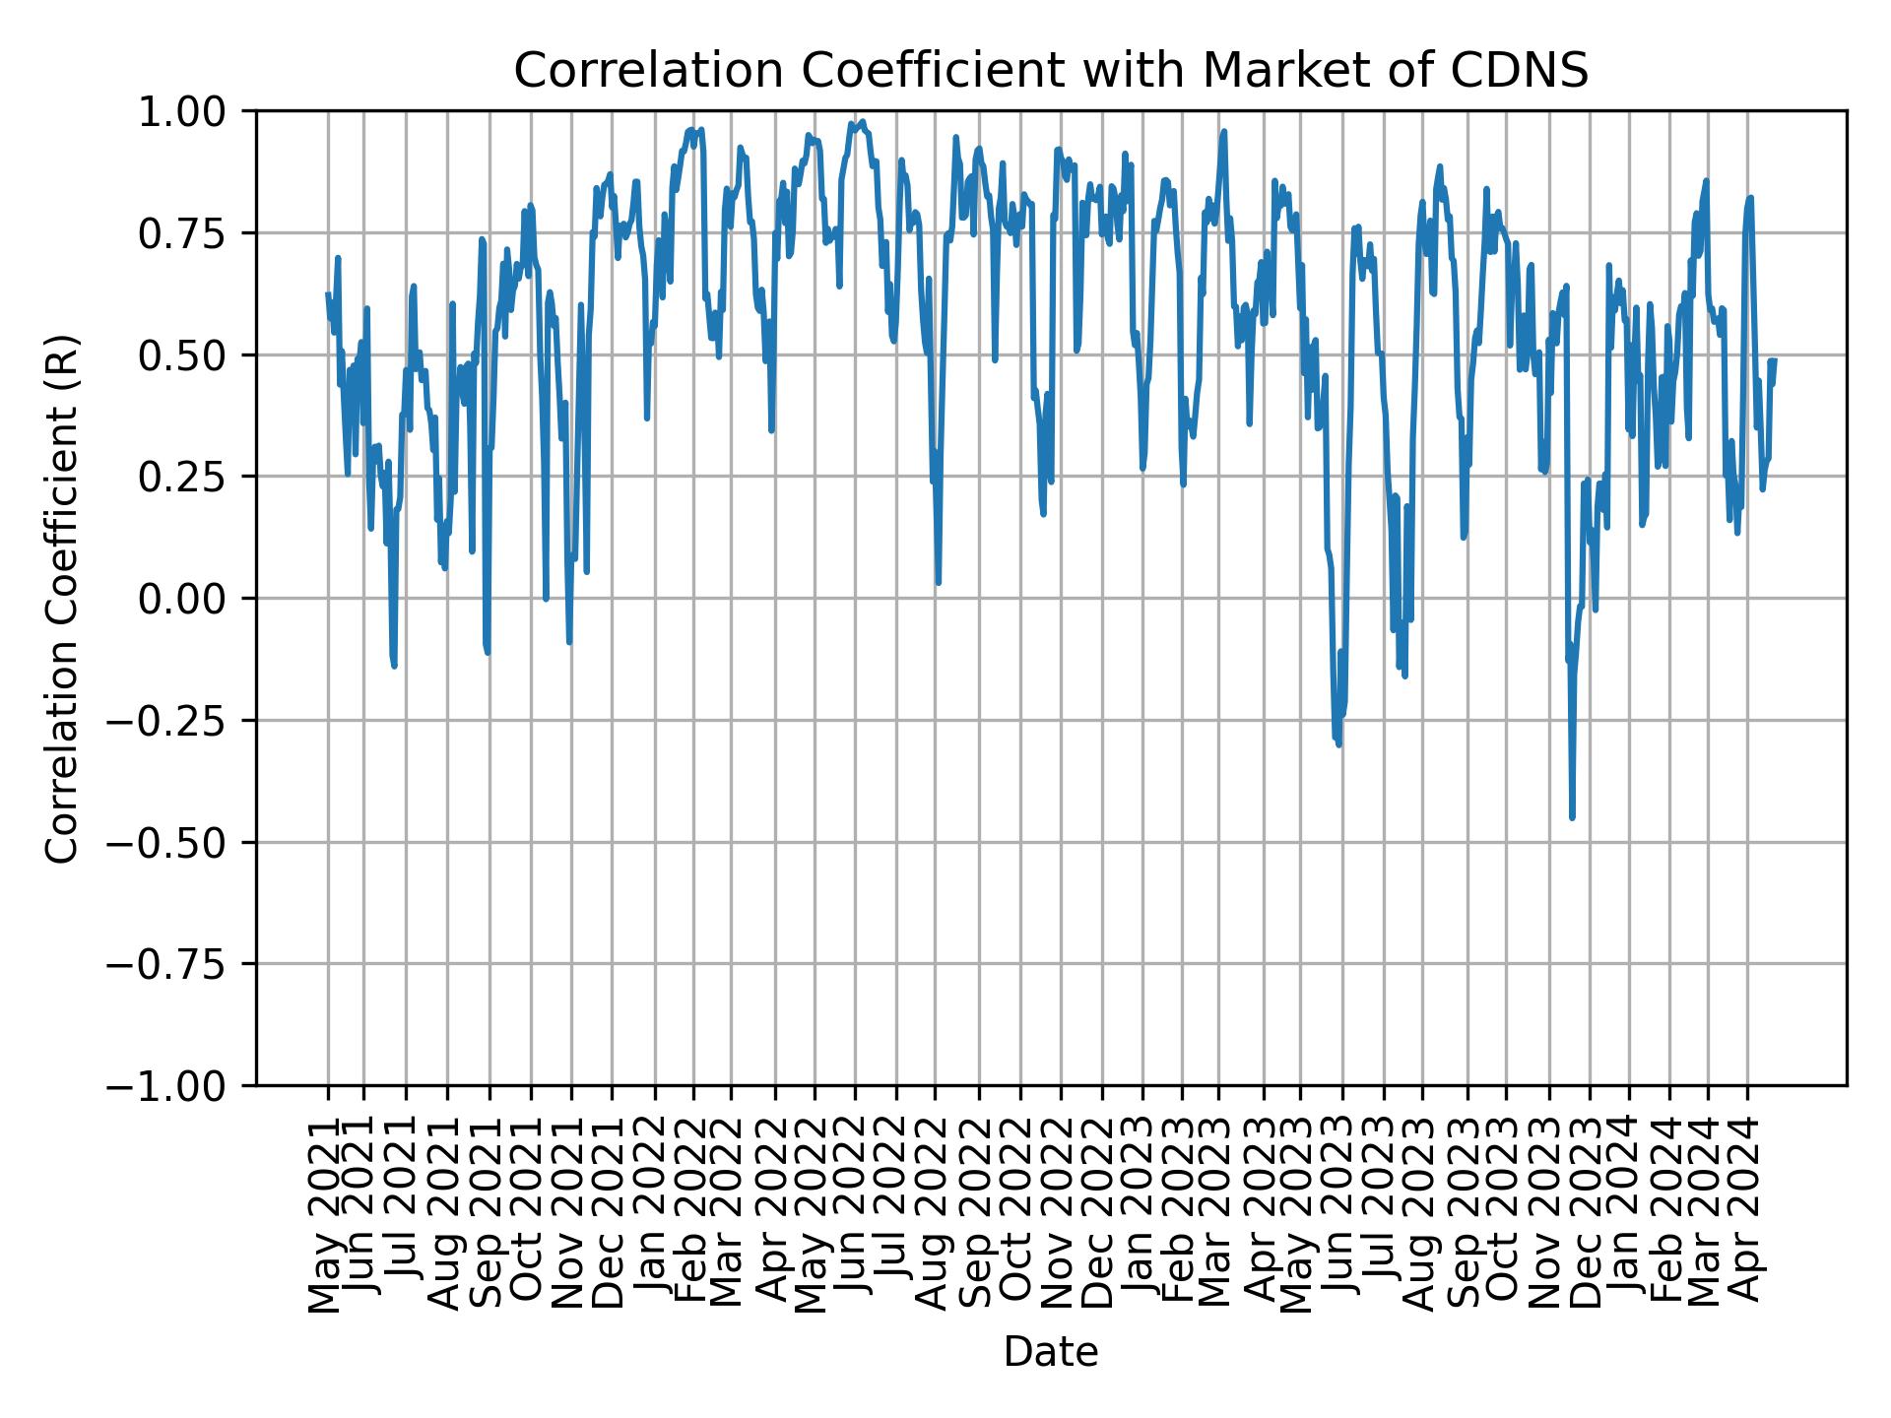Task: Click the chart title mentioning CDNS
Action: pyautogui.click(x=1051, y=71)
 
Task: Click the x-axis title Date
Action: pyautogui.click(x=1051, y=1353)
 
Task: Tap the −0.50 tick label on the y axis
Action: pyautogui.click(x=180, y=842)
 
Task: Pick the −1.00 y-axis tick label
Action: pyautogui.click(x=180, y=1086)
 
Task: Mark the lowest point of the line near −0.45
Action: pyautogui.click(x=1572, y=816)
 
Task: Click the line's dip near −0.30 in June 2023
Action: pyautogui.click(x=1338, y=743)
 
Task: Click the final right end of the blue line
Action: pyautogui.click(x=1775, y=360)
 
